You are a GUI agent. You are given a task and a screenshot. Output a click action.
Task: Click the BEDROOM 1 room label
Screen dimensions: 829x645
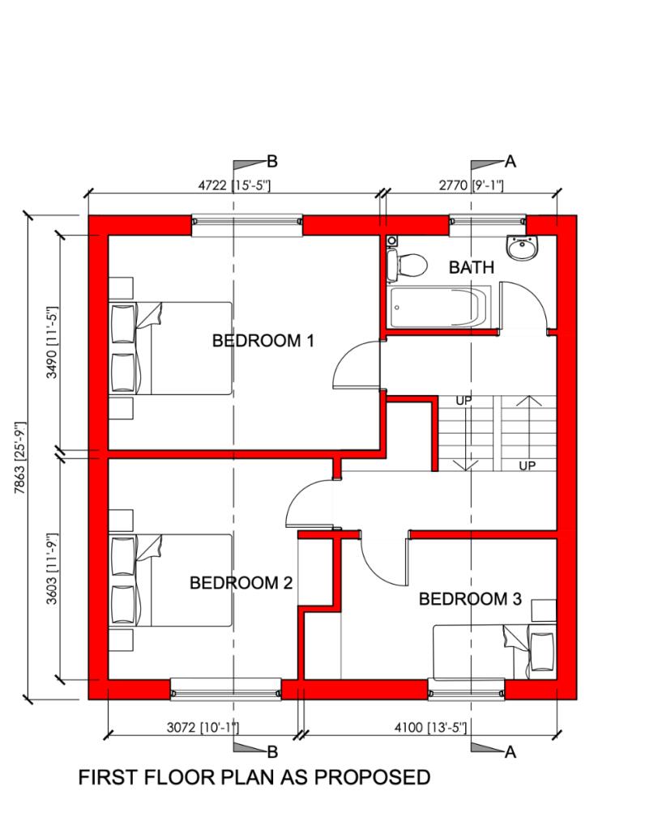pos(263,341)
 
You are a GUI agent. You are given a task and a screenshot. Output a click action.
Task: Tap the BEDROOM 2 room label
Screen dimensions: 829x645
pos(240,583)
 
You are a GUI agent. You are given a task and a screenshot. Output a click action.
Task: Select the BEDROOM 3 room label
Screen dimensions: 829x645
pos(470,599)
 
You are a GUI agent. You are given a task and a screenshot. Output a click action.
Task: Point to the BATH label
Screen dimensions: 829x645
pos(471,267)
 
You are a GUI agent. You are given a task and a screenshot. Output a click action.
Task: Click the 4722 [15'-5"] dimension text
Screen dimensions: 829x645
pos(234,185)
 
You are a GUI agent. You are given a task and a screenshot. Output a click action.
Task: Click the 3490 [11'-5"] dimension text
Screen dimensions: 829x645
pos(53,342)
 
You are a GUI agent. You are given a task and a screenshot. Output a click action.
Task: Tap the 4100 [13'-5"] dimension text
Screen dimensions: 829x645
pos(429,727)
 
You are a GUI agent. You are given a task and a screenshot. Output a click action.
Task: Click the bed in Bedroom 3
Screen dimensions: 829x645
pos(494,653)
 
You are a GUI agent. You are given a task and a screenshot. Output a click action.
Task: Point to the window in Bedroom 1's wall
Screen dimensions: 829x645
pos(246,224)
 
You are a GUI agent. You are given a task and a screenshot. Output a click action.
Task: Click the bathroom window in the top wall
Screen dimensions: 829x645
pos(487,223)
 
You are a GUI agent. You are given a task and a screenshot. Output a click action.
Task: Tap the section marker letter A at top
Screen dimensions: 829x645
pos(510,160)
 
